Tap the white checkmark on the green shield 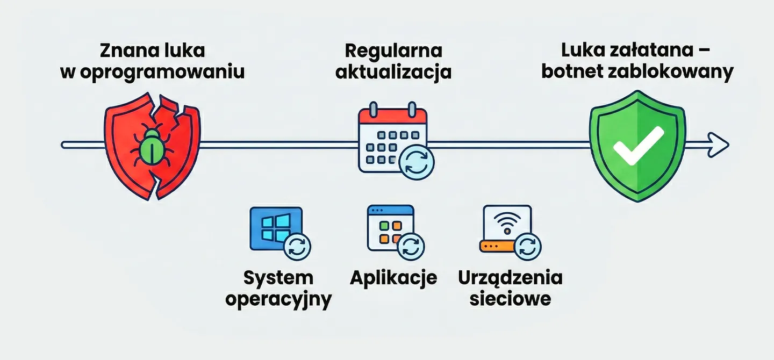pos(638,146)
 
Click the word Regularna pos(393,51)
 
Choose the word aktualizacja pos(393,72)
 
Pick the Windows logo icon pos(275,228)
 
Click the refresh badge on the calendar pos(416,162)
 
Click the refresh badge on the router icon pos(528,247)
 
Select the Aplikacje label pos(393,278)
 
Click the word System pos(278,278)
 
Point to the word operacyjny pos(278,299)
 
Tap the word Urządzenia pos(510,278)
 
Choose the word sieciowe pos(510,299)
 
